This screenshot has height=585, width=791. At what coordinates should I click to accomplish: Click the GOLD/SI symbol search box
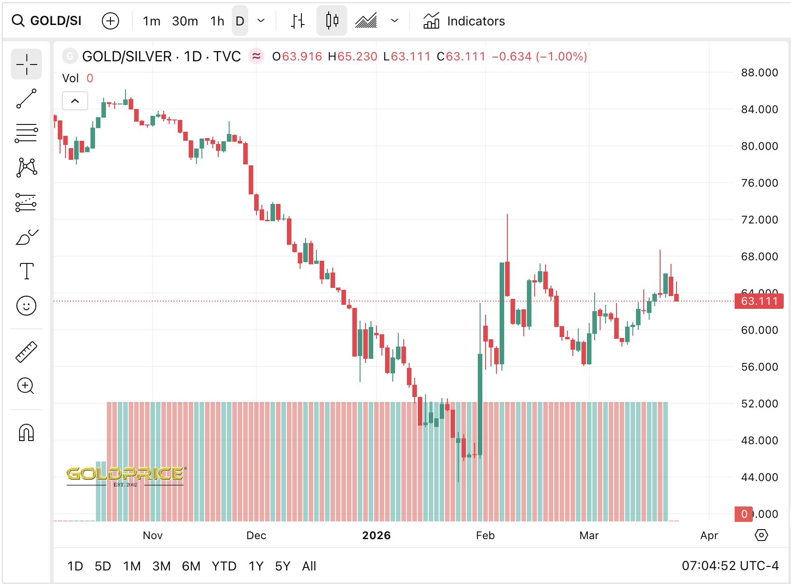pyautogui.click(x=47, y=21)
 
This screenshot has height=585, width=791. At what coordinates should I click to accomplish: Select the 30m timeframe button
pyautogui.click(x=185, y=21)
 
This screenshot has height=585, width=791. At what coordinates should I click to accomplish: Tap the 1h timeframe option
pyautogui.click(x=217, y=21)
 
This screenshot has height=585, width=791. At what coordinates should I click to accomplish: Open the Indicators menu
pyautogui.click(x=464, y=21)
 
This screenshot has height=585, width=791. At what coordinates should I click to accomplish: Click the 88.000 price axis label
pyautogui.click(x=759, y=73)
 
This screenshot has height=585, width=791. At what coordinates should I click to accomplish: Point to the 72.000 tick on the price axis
pyautogui.click(x=759, y=220)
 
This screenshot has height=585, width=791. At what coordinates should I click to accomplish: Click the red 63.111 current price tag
pyautogui.click(x=759, y=301)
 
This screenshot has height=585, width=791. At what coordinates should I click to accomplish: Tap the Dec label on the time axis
pyautogui.click(x=256, y=535)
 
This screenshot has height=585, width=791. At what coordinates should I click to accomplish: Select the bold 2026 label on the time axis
pyautogui.click(x=376, y=535)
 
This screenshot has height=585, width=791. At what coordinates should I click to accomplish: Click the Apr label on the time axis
pyautogui.click(x=709, y=535)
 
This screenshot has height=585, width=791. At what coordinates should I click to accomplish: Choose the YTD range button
pyautogui.click(x=224, y=566)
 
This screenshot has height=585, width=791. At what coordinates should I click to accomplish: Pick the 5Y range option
pyautogui.click(x=283, y=566)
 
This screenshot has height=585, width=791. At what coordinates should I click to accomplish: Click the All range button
pyautogui.click(x=309, y=566)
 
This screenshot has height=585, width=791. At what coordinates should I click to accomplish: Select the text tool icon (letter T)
pyautogui.click(x=27, y=271)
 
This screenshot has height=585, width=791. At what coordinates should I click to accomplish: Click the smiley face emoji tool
pyautogui.click(x=26, y=306)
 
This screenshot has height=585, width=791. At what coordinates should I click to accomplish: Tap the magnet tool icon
pyautogui.click(x=26, y=433)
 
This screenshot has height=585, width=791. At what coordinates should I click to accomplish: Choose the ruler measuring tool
pyautogui.click(x=26, y=352)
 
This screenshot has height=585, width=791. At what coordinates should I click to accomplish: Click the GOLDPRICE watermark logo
pyautogui.click(x=125, y=475)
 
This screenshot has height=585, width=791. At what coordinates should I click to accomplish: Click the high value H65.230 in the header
pyautogui.click(x=353, y=57)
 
